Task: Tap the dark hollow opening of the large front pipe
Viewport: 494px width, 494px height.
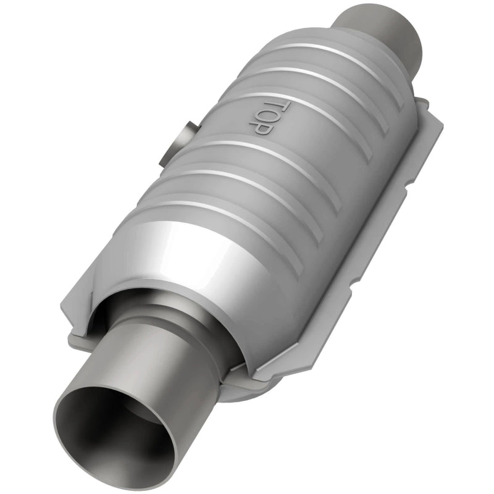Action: pos(117,432)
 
